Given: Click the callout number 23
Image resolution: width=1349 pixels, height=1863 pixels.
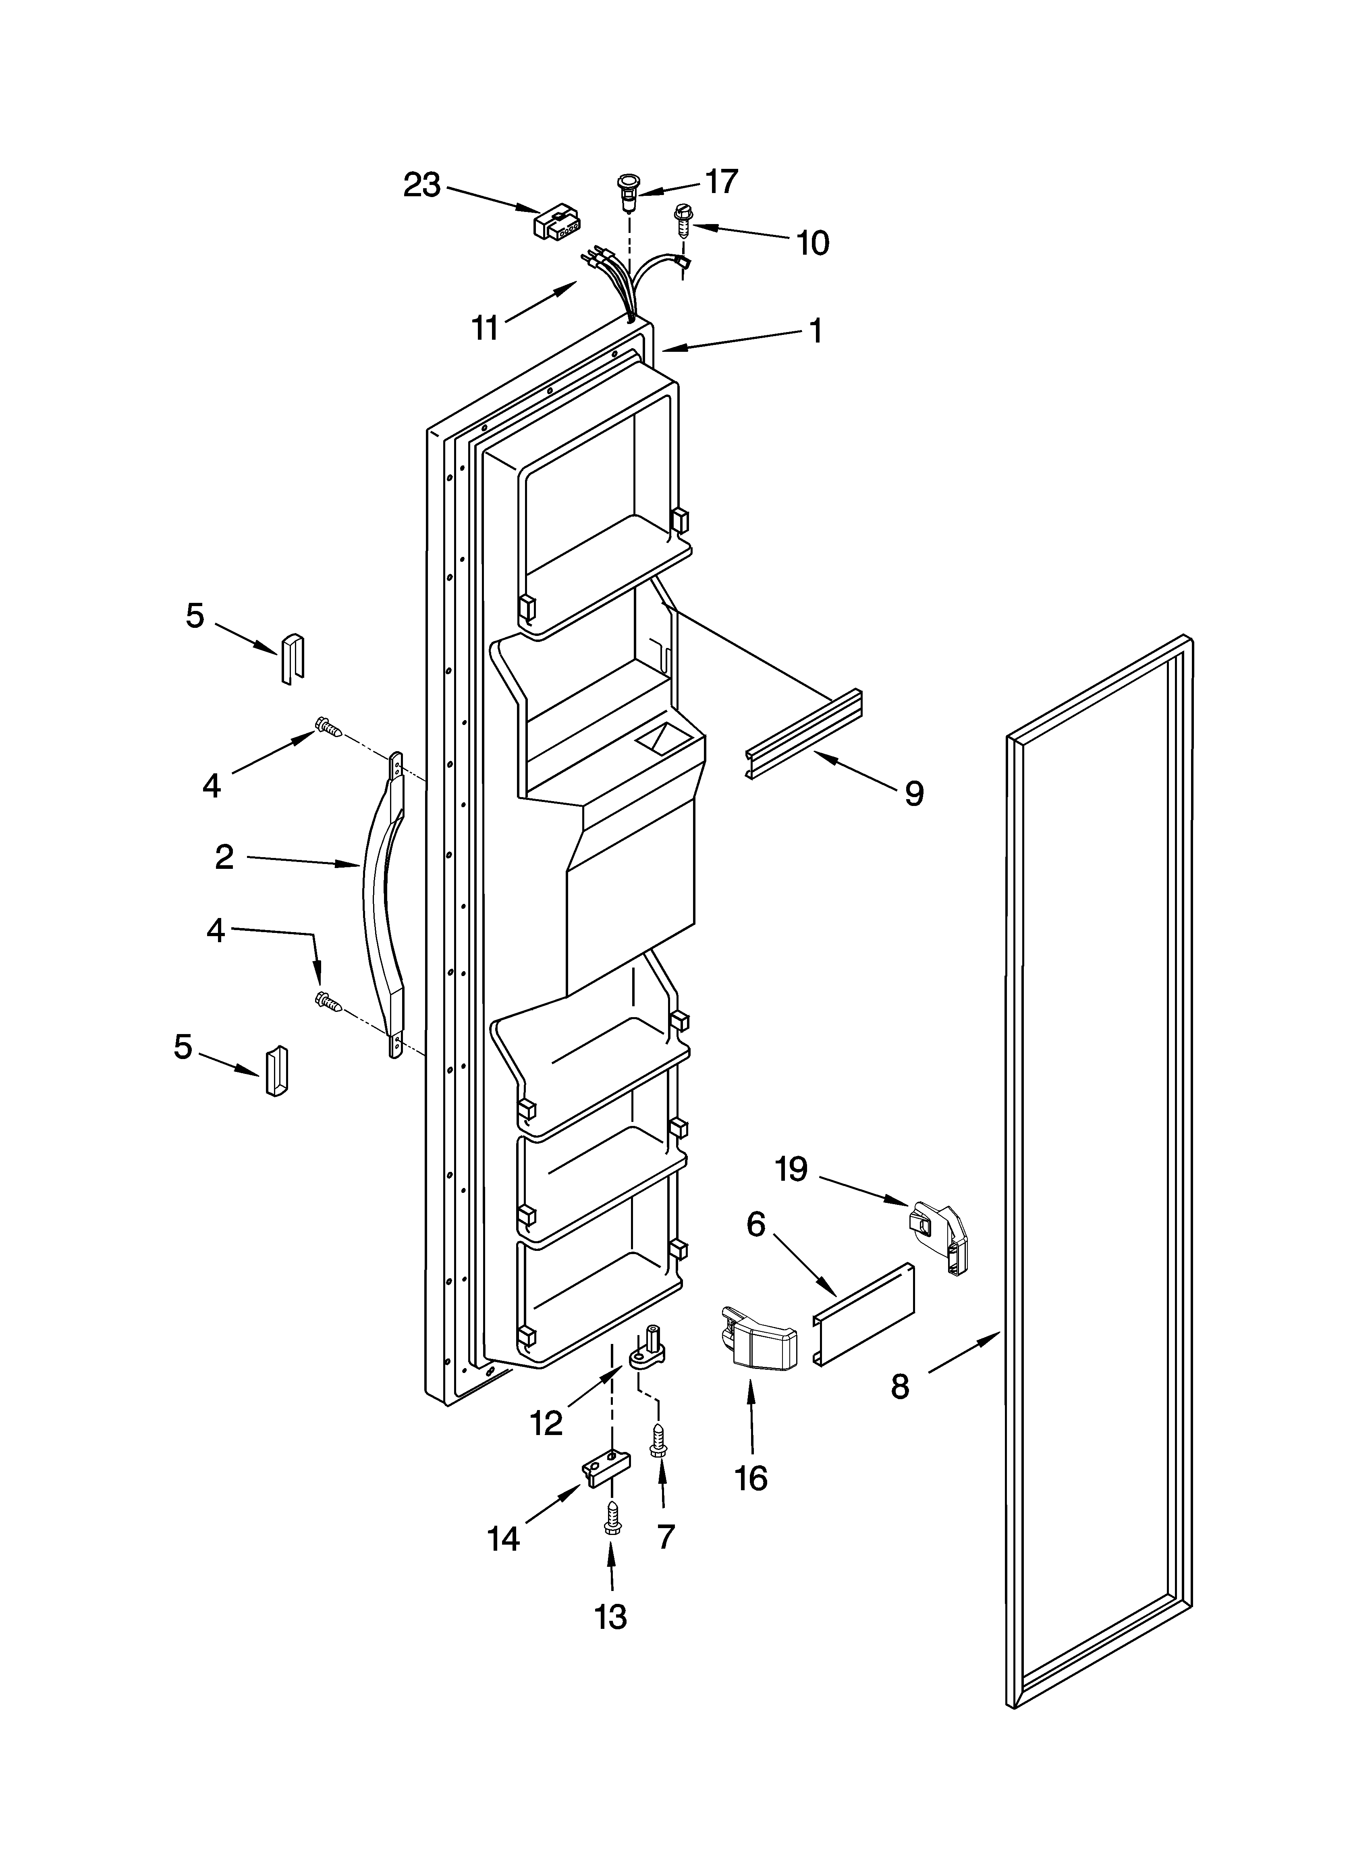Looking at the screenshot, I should tap(421, 186).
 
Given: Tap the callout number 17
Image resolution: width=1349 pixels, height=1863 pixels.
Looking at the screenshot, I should tap(721, 181).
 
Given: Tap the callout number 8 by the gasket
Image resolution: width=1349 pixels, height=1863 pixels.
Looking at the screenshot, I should tap(901, 1387).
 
